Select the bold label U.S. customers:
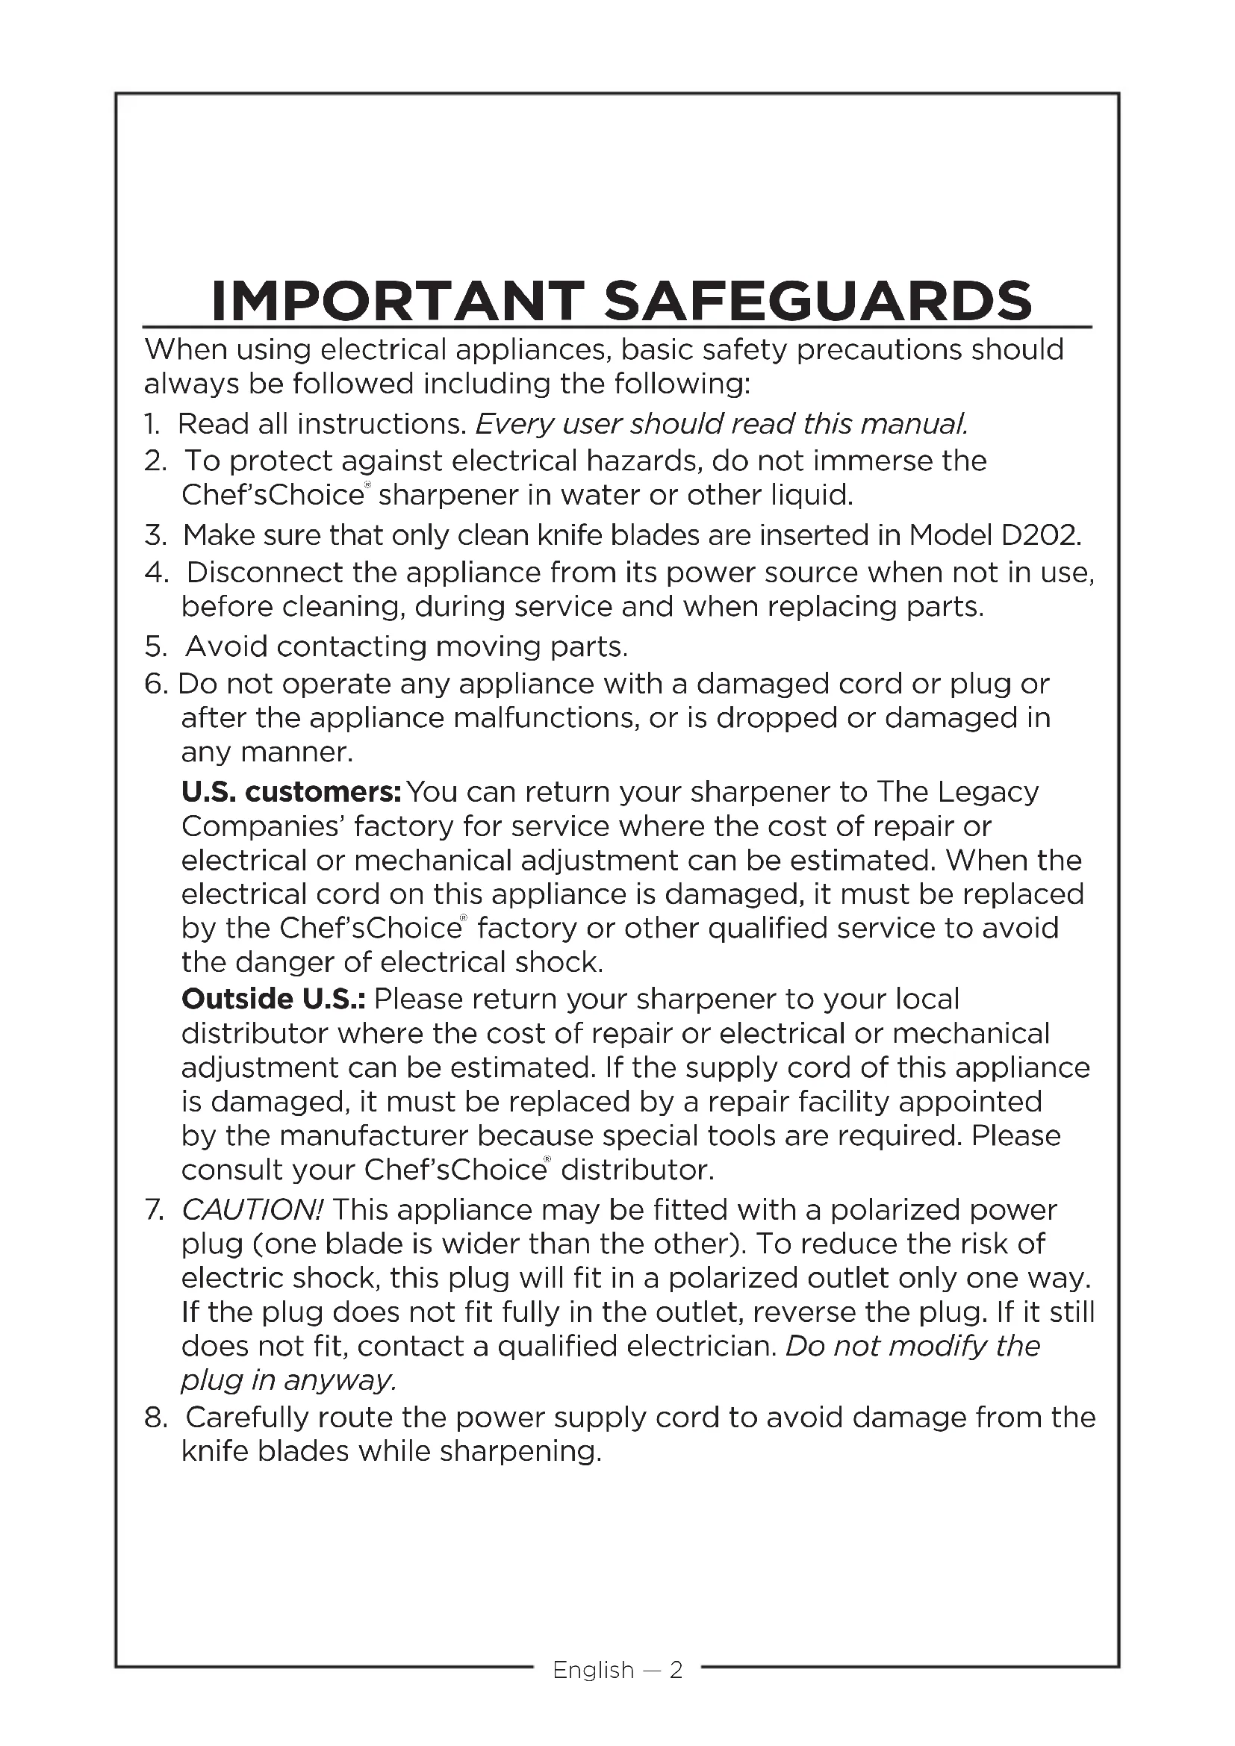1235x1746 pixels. click(x=290, y=793)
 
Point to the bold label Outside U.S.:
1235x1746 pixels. click(x=273, y=999)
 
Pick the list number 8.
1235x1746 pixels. click(x=155, y=1418)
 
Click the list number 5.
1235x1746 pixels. click(x=155, y=646)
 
